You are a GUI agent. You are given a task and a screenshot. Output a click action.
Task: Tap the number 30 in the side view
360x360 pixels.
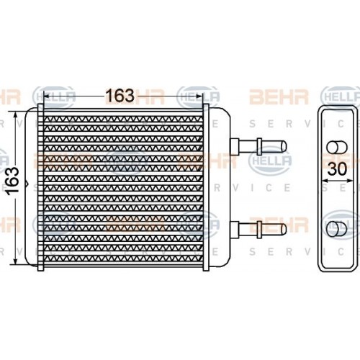click(337, 171)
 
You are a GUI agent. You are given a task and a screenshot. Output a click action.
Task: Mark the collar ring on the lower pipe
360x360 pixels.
click(257, 230)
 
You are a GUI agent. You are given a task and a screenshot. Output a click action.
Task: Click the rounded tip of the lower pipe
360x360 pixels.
click(284, 230)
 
